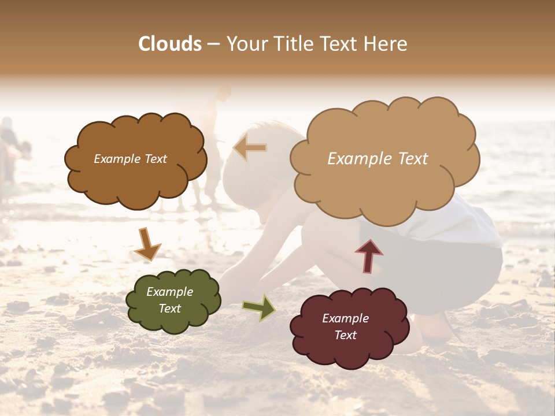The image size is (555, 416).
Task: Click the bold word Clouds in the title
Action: pos(170,44)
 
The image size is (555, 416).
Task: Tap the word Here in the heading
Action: pos(385,44)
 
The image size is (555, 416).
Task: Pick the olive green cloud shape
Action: pos(173,321)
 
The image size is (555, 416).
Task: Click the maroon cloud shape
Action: pos(347,352)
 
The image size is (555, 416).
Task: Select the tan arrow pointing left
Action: pos(250,148)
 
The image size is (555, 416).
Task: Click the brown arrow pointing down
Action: pos(147,244)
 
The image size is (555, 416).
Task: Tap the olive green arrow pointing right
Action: pos(259,307)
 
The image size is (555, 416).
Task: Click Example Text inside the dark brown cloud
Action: pos(130,159)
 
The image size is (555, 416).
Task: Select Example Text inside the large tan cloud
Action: pos(378,159)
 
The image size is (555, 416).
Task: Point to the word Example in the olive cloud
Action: pos(169,292)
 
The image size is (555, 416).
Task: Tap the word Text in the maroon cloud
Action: pos(345,335)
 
